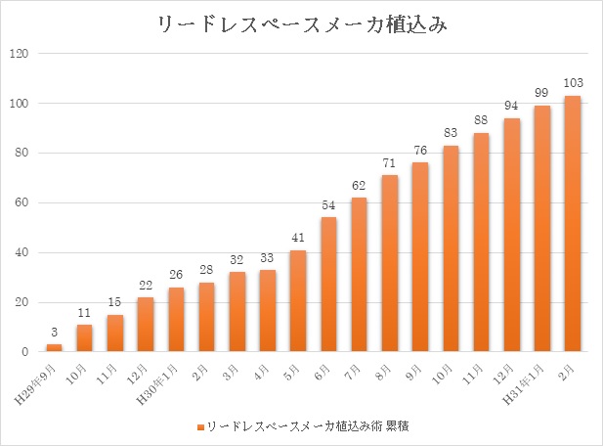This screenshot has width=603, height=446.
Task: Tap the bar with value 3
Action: coord(54,347)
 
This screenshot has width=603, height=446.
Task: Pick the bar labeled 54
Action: coord(328,284)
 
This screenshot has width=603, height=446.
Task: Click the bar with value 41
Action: coord(298,300)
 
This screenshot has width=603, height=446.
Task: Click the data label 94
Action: coord(511,107)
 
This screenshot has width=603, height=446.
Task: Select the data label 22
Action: coord(146,286)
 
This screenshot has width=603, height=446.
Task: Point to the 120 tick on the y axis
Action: coord(19,54)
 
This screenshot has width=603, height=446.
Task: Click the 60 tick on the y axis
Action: coord(22,202)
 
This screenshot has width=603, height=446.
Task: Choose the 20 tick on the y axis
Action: coord(22,302)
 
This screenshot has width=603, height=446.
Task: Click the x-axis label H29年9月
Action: coord(40,380)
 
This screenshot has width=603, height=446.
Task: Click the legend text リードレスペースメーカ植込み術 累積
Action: coord(304,427)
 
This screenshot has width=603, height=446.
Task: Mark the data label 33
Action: coord(267,258)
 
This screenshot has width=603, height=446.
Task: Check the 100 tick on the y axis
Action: coord(19,104)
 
